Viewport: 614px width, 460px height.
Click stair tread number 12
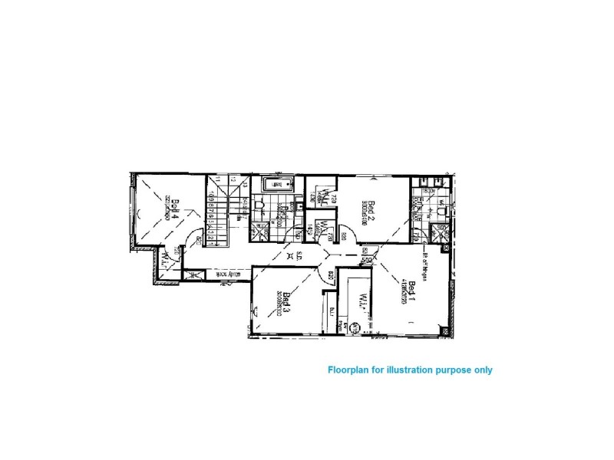point(232,182)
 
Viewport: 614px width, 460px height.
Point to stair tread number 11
point(218,182)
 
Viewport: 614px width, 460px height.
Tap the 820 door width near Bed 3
point(331,275)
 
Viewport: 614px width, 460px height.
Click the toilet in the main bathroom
point(260,205)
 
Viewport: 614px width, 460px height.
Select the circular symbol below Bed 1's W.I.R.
point(354,328)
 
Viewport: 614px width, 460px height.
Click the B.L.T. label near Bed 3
point(333,310)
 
